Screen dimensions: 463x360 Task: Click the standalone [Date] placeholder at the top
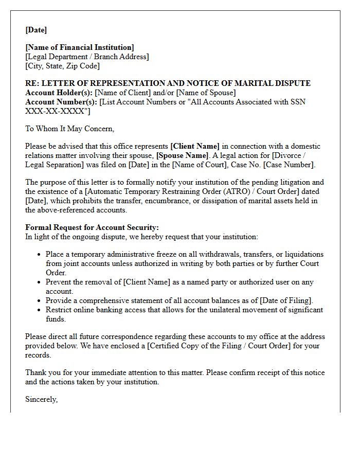[36, 30]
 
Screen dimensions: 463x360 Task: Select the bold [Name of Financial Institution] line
[80, 48]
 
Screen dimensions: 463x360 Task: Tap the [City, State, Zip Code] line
[63, 66]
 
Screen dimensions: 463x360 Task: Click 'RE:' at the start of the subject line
[32, 83]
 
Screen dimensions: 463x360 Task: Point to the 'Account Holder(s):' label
[59, 93]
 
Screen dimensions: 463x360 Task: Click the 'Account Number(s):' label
[61, 102]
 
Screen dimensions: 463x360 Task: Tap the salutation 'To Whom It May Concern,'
[69, 129]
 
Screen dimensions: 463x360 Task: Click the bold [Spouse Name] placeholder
[183, 155]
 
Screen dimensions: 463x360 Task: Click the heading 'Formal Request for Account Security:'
[92, 227]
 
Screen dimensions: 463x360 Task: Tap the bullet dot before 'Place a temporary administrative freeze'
[40, 255]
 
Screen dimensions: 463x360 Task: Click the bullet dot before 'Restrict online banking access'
[40, 310]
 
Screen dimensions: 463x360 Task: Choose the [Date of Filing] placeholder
[285, 300]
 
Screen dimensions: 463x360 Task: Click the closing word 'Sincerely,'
[41, 399]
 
